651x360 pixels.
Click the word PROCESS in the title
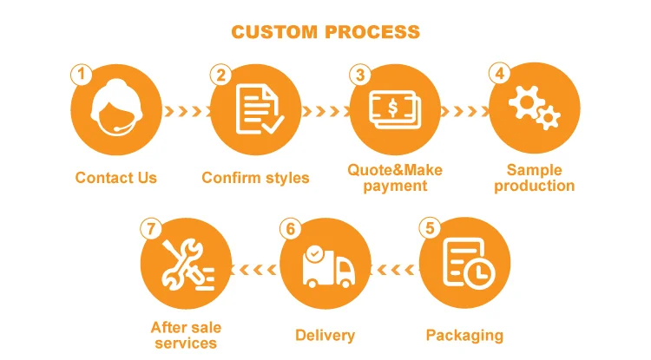tap(372, 32)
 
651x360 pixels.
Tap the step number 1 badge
tap(81, 75)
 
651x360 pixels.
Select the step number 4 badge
tap(499, 75)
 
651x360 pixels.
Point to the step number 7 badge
tap(151, 229)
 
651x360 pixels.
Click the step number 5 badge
tap(428, 229)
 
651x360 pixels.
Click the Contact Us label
tap(116, 178)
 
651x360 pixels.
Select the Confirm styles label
tap(255, 178)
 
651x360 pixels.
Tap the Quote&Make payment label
tap(395, 177)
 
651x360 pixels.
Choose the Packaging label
tap(464, 335)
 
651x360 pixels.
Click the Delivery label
tap(325, 335)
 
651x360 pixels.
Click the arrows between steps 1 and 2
tap(186, 111)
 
